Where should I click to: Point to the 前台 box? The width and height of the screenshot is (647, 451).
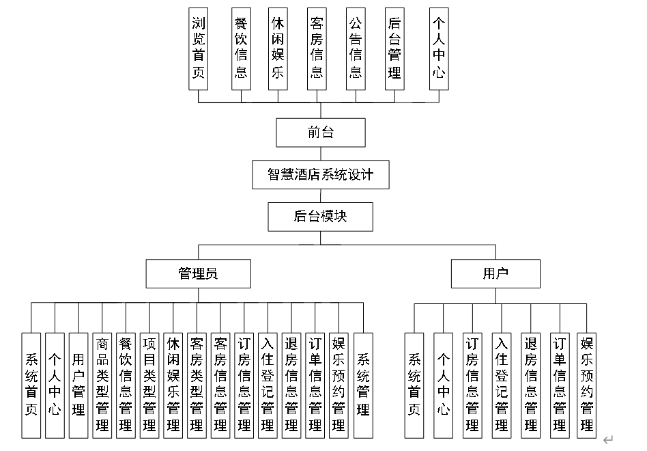(321, 133)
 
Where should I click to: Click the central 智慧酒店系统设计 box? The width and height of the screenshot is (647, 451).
(321, 175)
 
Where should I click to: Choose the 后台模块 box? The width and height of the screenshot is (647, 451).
(321, 217)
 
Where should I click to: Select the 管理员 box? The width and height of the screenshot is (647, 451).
(198, 274)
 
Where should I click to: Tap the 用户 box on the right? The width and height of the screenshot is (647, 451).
(495, 274)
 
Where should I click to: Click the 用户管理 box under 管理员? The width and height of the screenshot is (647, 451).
(78, 385)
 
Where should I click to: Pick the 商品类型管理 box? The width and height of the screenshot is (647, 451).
(102, 385)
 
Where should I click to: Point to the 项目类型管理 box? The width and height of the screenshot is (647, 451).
(149, 385)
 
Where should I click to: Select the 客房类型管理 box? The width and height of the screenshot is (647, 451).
(197, 385)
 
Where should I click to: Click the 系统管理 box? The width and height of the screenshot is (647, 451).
(363, 385)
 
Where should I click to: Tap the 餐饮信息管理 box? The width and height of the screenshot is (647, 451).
(126, 385)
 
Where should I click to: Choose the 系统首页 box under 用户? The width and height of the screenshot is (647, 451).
(414, 385)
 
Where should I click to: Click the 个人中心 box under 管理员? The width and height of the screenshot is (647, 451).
(55, 385)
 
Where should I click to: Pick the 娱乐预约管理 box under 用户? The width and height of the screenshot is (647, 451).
(587, 385)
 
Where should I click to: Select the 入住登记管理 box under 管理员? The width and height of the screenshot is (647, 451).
(268, 385)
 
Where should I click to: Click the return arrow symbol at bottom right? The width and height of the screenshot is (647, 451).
(608, 439)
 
